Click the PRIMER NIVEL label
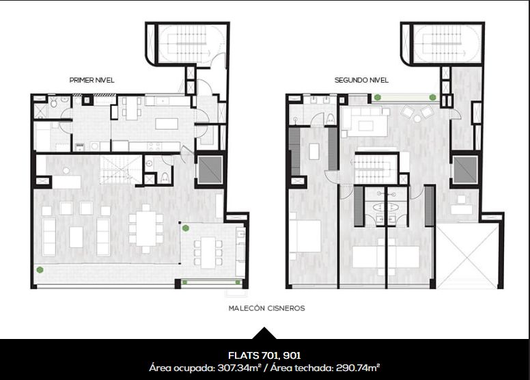coord(92,80)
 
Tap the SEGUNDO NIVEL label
coord(361,80)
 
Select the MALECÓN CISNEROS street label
coord(266,308)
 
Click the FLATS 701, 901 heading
coord(264,355)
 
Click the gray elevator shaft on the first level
coord(210,170)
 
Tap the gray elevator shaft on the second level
coord(465,170)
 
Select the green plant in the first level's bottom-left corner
coord(40,270)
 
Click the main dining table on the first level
coord(146,228)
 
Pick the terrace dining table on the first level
coord(208,252)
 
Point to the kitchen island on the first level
coord(167,124)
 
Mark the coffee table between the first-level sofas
coord(76,237)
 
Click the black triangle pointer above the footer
coord(264,334)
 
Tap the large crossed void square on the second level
coord(467,255)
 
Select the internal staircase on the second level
coord(374,168)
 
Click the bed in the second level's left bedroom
coord(305,236)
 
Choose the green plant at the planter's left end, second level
coord(378,98)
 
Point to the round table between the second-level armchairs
coord(417,119)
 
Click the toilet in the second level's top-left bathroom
coord(331,119)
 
